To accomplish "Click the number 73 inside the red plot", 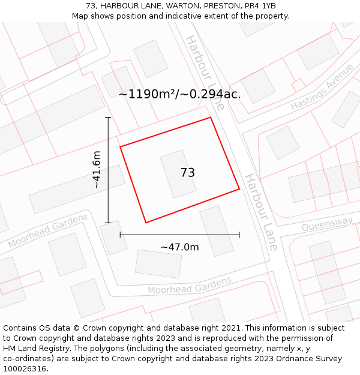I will [x=187, y=173].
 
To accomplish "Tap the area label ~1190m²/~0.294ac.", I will [x=179, y=94].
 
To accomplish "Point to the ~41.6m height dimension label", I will [x=96, y=170].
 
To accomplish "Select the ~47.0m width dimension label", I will [x=179, y=247].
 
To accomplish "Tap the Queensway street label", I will [x=327, y=224].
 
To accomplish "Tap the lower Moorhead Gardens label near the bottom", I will [x=190, y=286].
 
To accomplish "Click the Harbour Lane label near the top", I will [x=205, y=72].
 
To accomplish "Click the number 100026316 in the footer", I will [x=25, y=368].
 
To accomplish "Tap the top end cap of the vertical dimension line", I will [x=108, y=117].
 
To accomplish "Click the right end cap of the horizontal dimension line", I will [x=239, y=235].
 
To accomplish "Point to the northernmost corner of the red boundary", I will [x=211, y=117].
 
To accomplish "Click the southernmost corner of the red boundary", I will [x=146, y=223].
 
